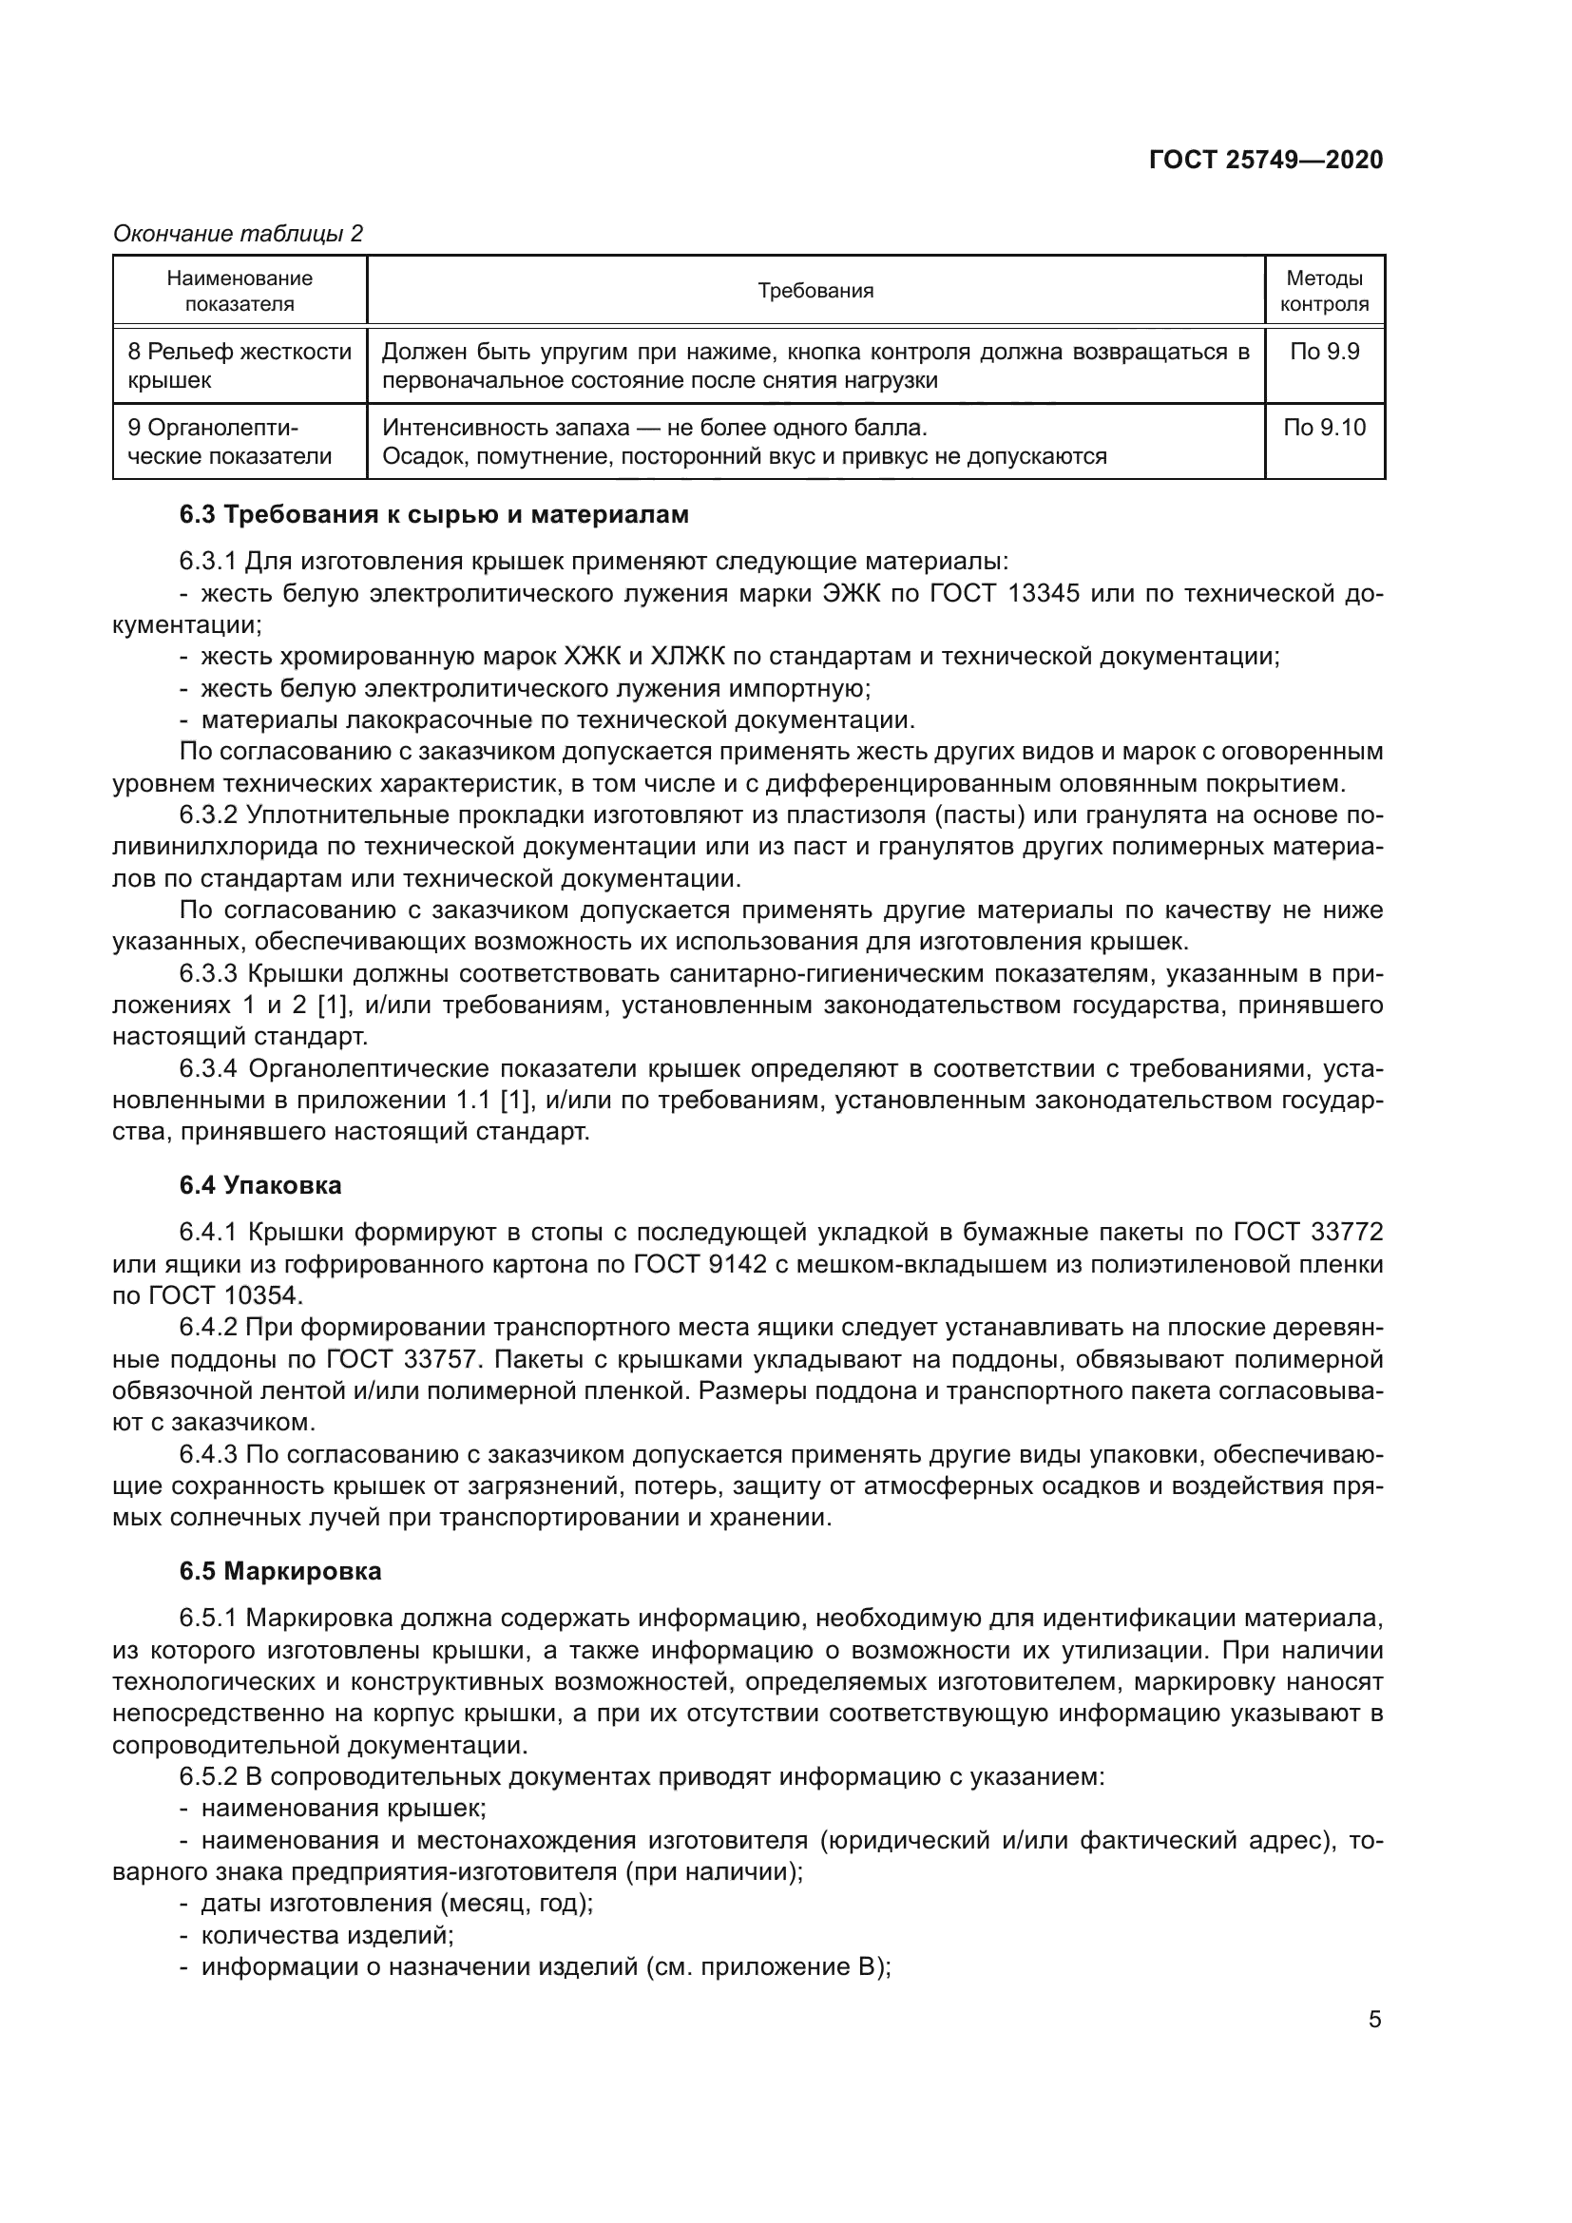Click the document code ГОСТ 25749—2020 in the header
(1265, 160)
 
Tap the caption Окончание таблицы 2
(239, 234)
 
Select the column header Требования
(815, 291)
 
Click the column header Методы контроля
(1324, 291)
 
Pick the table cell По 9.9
(1324, 352)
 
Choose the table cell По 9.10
(1324, 427)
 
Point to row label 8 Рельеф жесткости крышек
(240, 365)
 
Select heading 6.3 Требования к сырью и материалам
(433, 514)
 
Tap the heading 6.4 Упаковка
(260, 1185)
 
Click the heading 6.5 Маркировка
(280, 1571)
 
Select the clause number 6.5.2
(208, 1776)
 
